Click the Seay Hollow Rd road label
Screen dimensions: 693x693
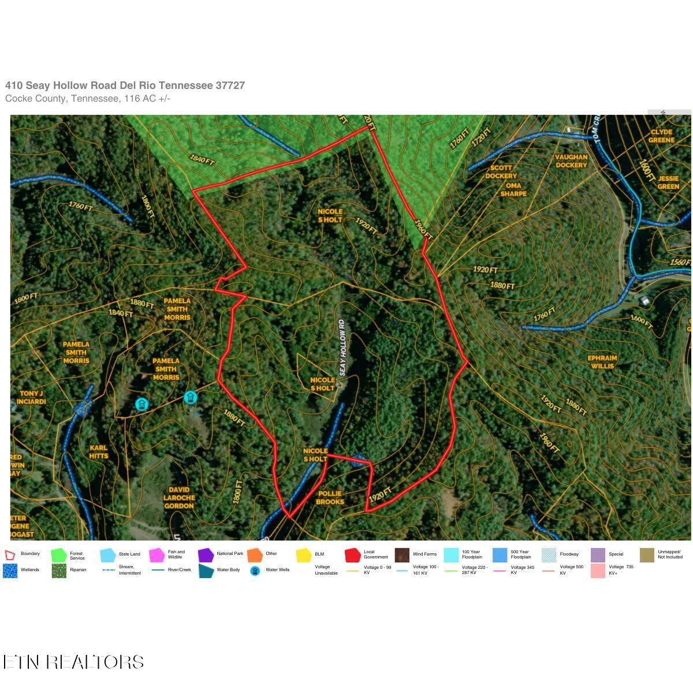click(342, 347)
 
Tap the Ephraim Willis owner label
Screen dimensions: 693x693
click(602, 362)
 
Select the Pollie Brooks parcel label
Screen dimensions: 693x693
click(330, 497)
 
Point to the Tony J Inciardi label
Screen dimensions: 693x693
click(31, 397)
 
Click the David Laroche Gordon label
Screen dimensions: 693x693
click(179, 497)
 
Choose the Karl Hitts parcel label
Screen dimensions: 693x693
click(99, 452)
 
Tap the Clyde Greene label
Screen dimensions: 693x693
click(661, 136)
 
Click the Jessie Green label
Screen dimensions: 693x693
click(668, 182)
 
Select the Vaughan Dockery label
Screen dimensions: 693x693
click(571, 161)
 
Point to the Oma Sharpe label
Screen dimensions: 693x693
click(513, 189)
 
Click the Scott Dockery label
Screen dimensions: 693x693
click(501, 172)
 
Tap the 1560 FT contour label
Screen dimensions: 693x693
click(680, 262)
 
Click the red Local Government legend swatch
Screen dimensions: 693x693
click(352, 555)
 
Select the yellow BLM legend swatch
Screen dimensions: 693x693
click(304, 555)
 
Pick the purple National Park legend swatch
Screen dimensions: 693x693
click(206, 555)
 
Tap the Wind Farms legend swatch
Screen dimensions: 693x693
click(402, 555)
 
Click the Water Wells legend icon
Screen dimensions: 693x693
click(255, 571)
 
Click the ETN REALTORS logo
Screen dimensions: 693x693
click(73, 661)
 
